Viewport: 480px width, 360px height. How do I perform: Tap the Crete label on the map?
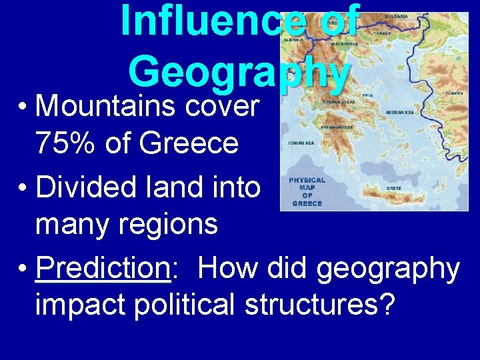394,189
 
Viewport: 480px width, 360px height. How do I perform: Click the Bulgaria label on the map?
397,15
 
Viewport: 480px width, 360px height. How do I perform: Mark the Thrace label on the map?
383,33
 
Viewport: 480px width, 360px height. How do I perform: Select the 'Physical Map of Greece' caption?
307,191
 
